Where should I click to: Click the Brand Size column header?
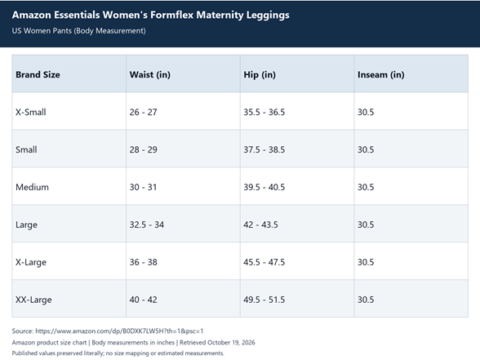point(38,75)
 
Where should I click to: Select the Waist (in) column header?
point(150,75)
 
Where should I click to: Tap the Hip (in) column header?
point(260,75)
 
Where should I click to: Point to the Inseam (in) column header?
point(380,75)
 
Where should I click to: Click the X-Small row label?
point(31,112)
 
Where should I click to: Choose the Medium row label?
point(32,187)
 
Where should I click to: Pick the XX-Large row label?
point(33,300)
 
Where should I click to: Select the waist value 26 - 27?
point(144,112)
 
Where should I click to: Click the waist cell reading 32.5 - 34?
point(147,224)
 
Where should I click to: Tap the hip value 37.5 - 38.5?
point(264,149)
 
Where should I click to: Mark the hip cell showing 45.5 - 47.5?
point(264,262)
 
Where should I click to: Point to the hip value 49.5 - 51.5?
point(264,300)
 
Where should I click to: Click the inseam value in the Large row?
point(366,224)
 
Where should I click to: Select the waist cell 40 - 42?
point(144,300)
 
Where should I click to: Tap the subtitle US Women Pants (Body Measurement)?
point(79,31)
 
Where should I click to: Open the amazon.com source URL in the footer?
point(119,331)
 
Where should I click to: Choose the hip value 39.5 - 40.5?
point(264,187)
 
